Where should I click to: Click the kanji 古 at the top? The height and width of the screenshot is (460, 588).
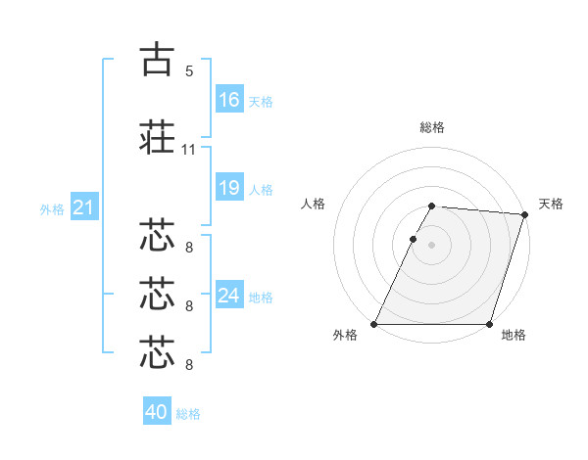click(158, 60)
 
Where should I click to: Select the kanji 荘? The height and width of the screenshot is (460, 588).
click(158, 136)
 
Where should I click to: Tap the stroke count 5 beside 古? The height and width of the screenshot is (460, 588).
click(189, 71)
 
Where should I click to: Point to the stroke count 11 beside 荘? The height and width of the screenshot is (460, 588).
click(189, 150)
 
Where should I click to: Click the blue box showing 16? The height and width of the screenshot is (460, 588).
click(229, 100)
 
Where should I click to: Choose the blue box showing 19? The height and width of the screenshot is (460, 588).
click(229, 188)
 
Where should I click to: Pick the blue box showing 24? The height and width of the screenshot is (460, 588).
click(229, 295)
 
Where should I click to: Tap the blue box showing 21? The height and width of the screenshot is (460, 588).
click(83, 207)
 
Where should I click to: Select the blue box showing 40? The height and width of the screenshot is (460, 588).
click(157, 412)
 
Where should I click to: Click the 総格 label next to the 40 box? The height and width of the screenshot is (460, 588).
click(188, 414)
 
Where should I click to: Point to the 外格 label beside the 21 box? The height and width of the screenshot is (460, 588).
click(52, 208)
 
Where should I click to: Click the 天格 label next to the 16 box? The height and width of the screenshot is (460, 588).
click(260, 102)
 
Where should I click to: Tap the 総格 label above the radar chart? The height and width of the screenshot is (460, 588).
click(432, 128)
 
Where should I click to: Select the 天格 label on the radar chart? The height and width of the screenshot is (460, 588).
click(551, 204)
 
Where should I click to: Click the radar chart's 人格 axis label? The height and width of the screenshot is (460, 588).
click(313, 204)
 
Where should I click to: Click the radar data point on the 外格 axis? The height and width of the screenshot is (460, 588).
click(374, 324)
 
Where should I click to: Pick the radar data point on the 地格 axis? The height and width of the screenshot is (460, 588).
click(489, 324)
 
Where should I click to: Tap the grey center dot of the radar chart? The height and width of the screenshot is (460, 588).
click(432, 245)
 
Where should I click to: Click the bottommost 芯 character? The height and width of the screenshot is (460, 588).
click(158, 351)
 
